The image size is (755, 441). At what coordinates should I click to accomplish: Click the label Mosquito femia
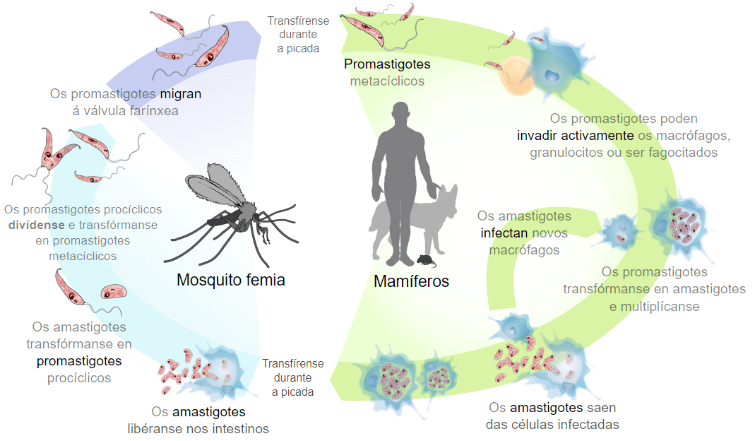(231, 280)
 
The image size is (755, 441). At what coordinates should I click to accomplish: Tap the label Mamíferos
(411, 281)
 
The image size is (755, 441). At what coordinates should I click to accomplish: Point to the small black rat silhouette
(426, 261)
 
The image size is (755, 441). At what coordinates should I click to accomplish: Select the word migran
(181, 94)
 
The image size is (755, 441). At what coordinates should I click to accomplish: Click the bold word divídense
(37, 225)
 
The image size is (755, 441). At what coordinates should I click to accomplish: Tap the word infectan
(504, 233)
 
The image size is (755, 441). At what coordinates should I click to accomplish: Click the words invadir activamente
(576, 136)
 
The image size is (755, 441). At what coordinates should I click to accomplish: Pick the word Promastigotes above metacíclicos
(387, 64)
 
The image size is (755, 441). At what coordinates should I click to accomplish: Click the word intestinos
(241, 428)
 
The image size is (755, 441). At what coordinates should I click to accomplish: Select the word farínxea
(154, 111)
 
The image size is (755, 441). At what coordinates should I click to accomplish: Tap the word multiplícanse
(660, 307)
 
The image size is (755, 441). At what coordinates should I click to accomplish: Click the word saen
(601, 408)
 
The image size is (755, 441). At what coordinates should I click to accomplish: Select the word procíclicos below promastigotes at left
(79, 378)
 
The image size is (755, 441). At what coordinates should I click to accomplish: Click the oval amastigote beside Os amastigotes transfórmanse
(114, 292)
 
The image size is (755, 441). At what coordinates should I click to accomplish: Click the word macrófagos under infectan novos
(524, 251)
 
